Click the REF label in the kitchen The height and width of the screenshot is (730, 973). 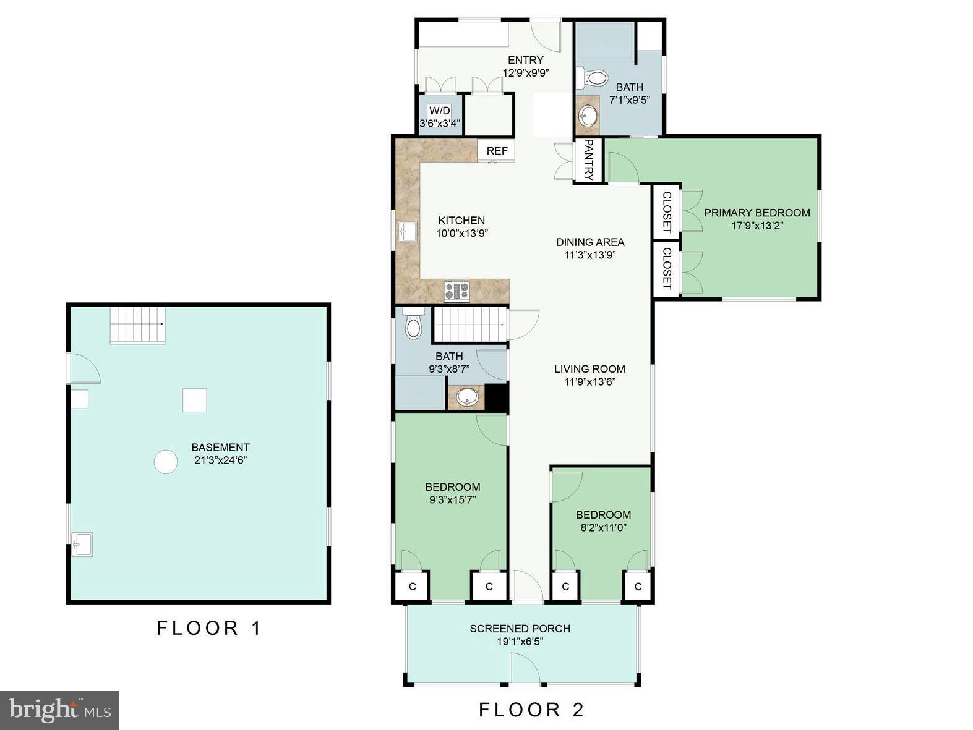(x=497, y=151)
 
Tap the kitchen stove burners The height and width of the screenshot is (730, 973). (x=456, y=292)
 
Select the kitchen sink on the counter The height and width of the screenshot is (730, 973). (x=407, y=232)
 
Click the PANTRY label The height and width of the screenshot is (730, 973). (x=589, y=160)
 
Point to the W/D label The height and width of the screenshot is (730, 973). (x=439, y=111)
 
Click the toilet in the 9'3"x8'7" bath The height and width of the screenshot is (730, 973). (x=413, y=324)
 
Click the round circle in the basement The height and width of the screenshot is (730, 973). (x=166, y=462)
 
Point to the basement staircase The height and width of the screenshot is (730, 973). (x=137, y=326)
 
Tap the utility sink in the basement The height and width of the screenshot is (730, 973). (x=82, y=544)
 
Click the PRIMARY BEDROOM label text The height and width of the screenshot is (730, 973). (x=757, y=213)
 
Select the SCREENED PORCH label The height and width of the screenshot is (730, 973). (x=520, y=629)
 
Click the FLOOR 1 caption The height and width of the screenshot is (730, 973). (x=209, y=628)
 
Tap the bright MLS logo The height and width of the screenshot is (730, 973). (x=59, y=710)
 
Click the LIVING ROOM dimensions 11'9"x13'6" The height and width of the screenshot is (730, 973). (x=589, y=382)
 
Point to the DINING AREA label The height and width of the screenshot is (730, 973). (x=590, y=242)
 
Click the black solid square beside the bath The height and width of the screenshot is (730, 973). (x=497, y=397)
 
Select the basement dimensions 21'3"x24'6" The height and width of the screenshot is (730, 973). (x=220, y=460)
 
